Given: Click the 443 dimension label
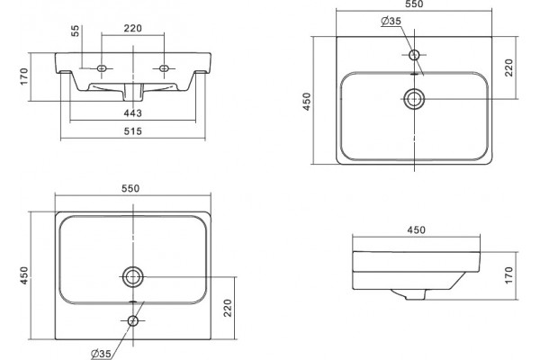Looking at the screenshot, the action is [132, 113].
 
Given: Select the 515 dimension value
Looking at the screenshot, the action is [132, 131].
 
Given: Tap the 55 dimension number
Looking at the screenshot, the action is [76, 31].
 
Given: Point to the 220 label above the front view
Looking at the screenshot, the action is [132, 28].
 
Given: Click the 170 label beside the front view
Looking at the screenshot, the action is [23, 76].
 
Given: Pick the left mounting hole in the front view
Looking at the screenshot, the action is [102, 68].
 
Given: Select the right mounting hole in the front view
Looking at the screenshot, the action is [164, 68].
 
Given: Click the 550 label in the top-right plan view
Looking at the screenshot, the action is [414, 4].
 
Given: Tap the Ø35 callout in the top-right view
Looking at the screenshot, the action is [391, 21].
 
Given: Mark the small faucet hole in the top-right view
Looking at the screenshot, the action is [414, 54].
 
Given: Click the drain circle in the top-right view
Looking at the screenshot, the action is [414, 99].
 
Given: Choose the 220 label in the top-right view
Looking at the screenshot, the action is [509, 67].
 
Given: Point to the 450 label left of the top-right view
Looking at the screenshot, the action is [306, 102].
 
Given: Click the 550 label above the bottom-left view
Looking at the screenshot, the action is [130, 188].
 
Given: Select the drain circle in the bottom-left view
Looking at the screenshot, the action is [133, 276].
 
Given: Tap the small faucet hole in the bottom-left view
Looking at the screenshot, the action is [133, 321].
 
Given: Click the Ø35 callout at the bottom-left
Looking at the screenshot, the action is [101, 354].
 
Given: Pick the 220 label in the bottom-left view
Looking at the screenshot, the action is [228, 308].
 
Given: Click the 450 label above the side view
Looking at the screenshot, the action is [417, 229].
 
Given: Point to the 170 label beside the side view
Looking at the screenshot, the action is [509, 275].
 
